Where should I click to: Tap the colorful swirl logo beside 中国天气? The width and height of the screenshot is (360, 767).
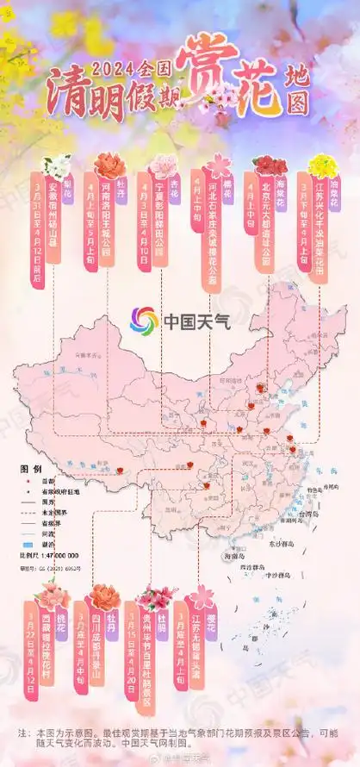(144, 321)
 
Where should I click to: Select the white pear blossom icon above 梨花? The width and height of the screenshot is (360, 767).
(59, 166)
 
